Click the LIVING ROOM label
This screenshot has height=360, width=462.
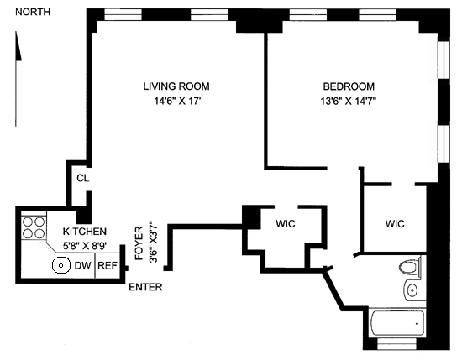coord(176,86)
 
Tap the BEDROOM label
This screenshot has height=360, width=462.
coord(349,86)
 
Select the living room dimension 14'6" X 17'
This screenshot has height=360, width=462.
coord(177,101)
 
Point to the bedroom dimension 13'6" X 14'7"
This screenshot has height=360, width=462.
coord(349,101)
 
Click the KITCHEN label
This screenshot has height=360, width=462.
coord(85,232)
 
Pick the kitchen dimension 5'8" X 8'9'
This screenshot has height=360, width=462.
coord(85,246)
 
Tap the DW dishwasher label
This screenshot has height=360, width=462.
coord(83,265)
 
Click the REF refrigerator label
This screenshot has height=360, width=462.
coord(108,265)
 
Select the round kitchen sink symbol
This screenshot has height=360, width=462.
coord(61,265)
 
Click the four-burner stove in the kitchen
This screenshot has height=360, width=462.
coord(34,227)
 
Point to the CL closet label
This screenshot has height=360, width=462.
coord(83,178)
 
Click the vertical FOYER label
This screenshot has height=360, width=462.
coord(139,243)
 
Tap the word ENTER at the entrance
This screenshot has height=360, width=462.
coord(145,287)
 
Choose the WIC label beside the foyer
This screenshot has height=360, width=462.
coord(286,224)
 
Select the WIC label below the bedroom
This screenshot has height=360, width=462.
coord(395,224)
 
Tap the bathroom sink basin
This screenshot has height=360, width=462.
coord(412,290)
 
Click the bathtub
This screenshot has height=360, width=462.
coord(396,322)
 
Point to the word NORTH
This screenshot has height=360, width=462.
coord(33,12)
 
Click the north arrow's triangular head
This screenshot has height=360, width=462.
coord(18,46)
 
